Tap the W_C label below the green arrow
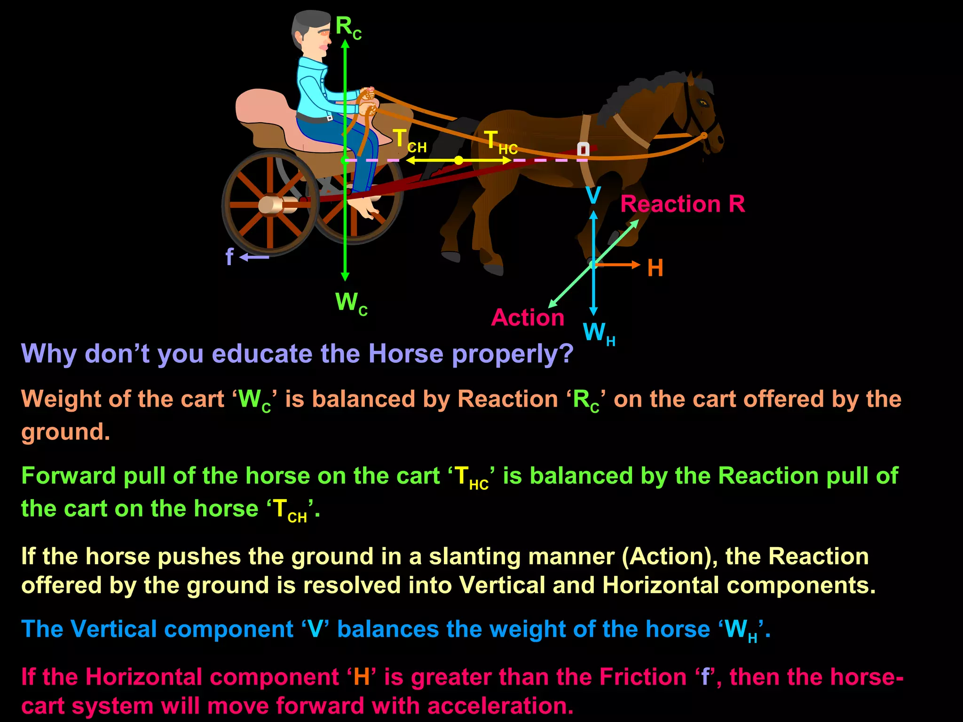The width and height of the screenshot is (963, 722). (x=351, y=303)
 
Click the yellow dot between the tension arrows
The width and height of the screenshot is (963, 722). (x=458, y=161)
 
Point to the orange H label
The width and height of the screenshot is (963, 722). (x=655, y=268)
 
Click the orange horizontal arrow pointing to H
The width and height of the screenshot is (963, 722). (x=618, y=265)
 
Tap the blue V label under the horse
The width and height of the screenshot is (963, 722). (x=593, y=195)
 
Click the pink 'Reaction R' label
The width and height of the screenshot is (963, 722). (x=682, y=204)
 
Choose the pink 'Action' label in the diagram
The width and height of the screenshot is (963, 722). (x=528, y=318)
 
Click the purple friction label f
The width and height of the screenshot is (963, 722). (x=229, y=257)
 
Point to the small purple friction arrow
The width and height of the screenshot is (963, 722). (x=254, y=257)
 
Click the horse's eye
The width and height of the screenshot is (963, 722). (x=703, y=103)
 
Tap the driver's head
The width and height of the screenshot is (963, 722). (x=310, y=33)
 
